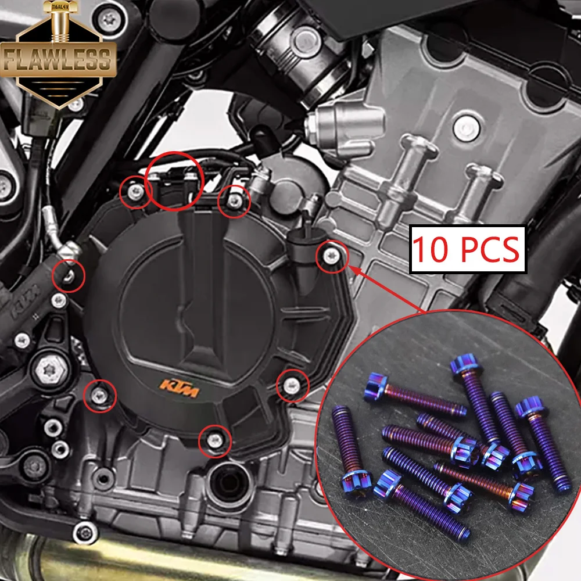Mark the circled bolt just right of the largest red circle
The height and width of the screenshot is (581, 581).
pos(234,201)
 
